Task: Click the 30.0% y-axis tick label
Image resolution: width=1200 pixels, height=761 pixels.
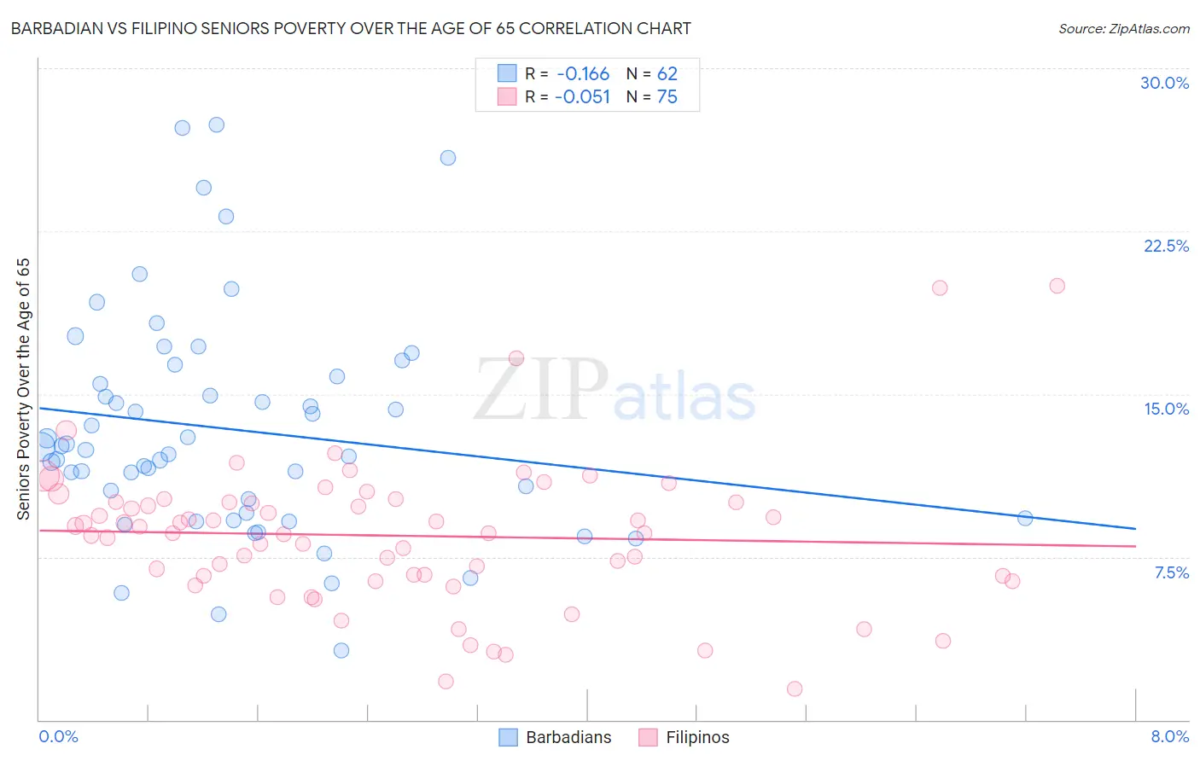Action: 1164,83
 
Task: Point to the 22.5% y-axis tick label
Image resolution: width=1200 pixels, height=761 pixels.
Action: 1166,246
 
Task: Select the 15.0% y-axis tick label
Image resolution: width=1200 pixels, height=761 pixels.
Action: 1166,409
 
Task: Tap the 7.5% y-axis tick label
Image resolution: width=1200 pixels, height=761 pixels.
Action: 1171,572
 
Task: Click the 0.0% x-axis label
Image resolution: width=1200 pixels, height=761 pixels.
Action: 58,736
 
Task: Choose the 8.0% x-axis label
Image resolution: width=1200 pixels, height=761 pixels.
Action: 1169,736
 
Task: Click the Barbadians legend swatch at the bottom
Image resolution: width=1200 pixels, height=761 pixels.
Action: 508,737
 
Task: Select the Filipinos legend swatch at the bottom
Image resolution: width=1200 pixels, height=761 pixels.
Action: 648,737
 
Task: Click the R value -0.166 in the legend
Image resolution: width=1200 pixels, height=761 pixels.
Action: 583,74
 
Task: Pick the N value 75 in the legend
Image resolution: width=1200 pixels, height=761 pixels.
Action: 667,97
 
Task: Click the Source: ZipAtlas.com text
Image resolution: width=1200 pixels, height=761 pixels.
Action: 1123,29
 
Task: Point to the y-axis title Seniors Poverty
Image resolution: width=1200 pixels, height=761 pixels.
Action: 23,388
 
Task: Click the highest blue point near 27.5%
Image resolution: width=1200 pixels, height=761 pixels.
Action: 217,125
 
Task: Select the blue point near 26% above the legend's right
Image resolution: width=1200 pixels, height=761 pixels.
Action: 448,158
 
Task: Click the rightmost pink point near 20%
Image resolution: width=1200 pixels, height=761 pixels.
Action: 1057,286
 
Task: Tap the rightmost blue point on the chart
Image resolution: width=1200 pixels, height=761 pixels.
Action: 1025,518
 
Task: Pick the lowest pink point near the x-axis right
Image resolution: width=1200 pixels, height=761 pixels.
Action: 795,688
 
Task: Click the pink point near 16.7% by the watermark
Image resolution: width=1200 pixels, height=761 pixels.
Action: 516,358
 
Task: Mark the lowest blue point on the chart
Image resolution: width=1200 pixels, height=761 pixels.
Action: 341,650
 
